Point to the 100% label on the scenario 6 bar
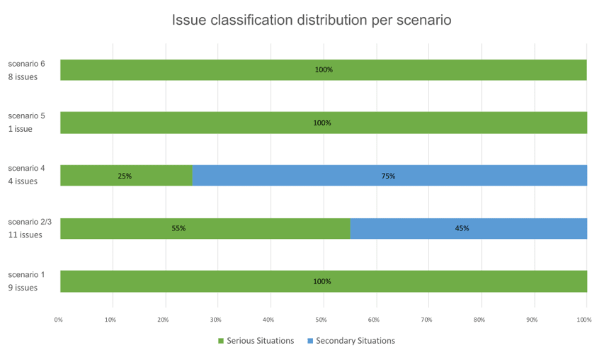[323, 70]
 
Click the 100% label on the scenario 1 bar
[322, 281]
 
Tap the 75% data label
[388, 176]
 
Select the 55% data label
[178, 228]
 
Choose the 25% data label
[125, 176]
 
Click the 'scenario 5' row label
[26, 116]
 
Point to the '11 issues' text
[25, 235]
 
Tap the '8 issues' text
[23, 77]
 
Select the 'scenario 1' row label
[26, 274]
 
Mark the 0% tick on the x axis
[59, 320]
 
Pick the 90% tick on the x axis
[532, 320]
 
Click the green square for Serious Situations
[220, 341]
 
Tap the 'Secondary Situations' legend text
[355, 341]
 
